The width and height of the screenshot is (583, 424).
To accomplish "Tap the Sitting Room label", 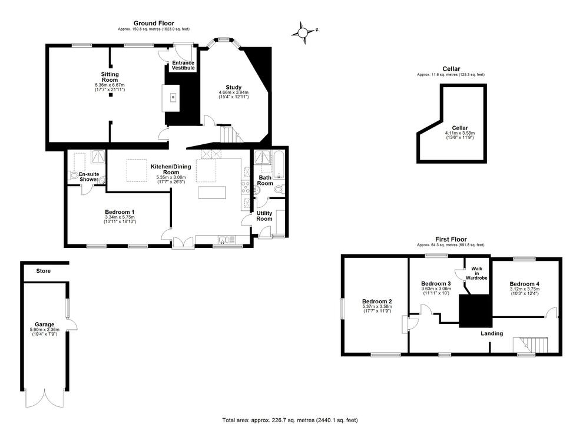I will point(110,77).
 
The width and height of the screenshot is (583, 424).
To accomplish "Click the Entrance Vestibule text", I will point(183,65).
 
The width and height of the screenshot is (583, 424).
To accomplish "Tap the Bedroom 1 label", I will point(120,212).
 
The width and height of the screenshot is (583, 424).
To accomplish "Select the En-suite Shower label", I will point(89,177).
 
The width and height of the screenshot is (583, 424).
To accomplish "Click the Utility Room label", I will point(264,216).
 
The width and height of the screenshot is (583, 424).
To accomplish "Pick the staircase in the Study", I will point(228,135).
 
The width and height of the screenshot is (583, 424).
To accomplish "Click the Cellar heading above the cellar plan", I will point(451,69).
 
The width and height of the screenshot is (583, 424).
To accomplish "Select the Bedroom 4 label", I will point(524,284).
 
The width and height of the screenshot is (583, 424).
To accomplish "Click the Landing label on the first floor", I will point(492,333).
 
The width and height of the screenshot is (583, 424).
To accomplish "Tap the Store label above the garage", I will point(43,271).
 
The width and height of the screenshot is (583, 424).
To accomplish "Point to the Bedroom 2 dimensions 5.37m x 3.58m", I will point(377,306).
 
